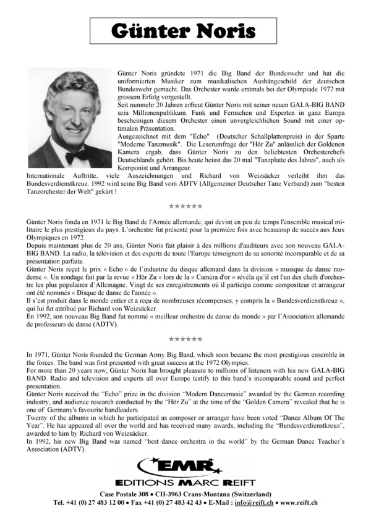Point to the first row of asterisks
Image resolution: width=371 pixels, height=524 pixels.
point(185,206)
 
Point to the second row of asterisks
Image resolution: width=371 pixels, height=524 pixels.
point(185,339)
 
